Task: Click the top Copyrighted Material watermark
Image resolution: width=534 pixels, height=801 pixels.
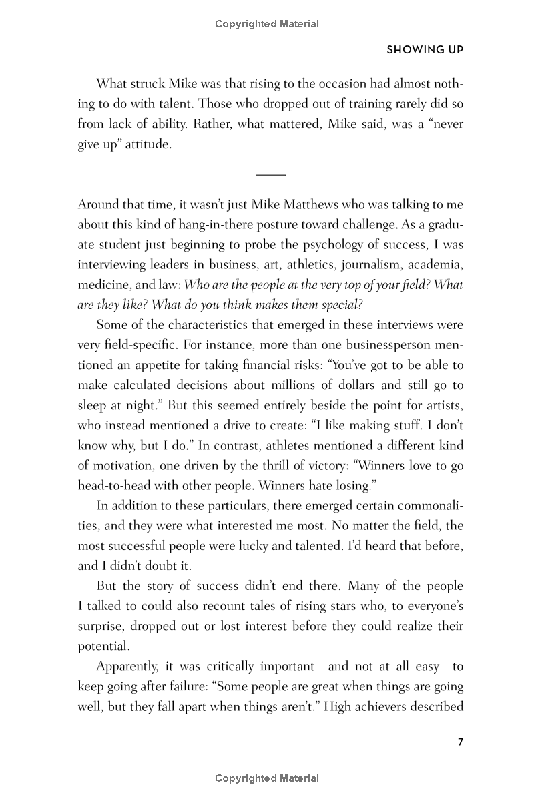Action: coord(267,24)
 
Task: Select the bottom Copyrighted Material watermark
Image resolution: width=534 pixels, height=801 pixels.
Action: coord(267,778)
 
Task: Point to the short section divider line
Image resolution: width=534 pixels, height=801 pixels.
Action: coord(270,175)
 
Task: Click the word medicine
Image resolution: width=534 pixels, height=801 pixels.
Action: coord(102,285)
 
